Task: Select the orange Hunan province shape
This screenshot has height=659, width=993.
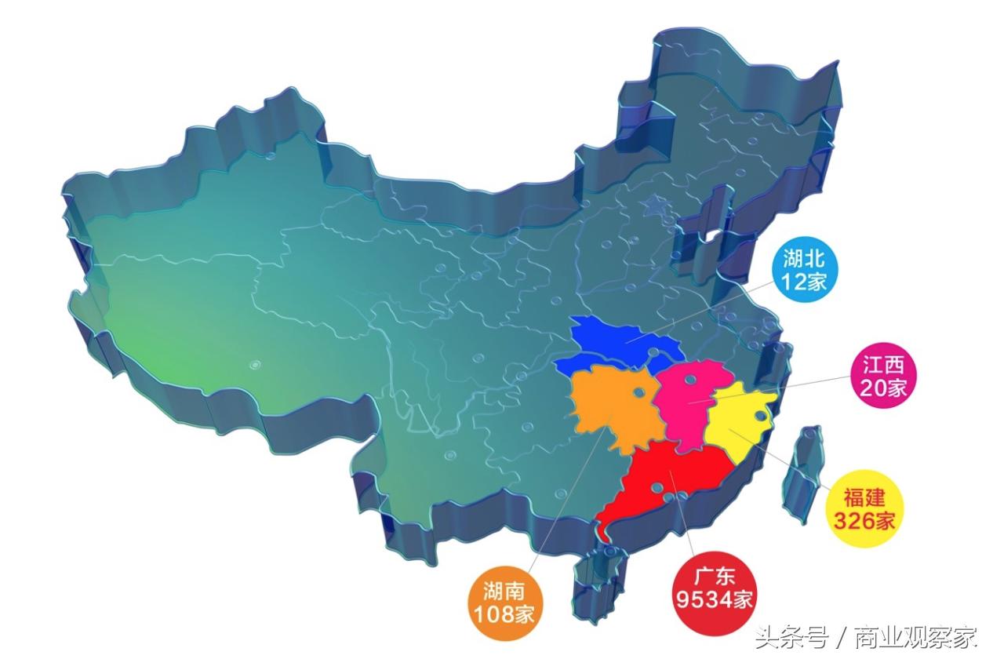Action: tap(612, 408)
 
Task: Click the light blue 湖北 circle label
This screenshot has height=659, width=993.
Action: tap(805, 270)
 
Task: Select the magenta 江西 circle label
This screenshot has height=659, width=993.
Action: tap(883, 376)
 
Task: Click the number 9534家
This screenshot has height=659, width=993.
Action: tap(714, 600)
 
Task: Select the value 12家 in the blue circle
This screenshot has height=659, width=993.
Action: tap(805, 282)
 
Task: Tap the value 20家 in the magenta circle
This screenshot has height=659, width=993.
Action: tap(883, 387)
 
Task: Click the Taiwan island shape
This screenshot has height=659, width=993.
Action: tap(804, 471)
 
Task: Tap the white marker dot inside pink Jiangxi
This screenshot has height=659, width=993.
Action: tap(690, 380)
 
